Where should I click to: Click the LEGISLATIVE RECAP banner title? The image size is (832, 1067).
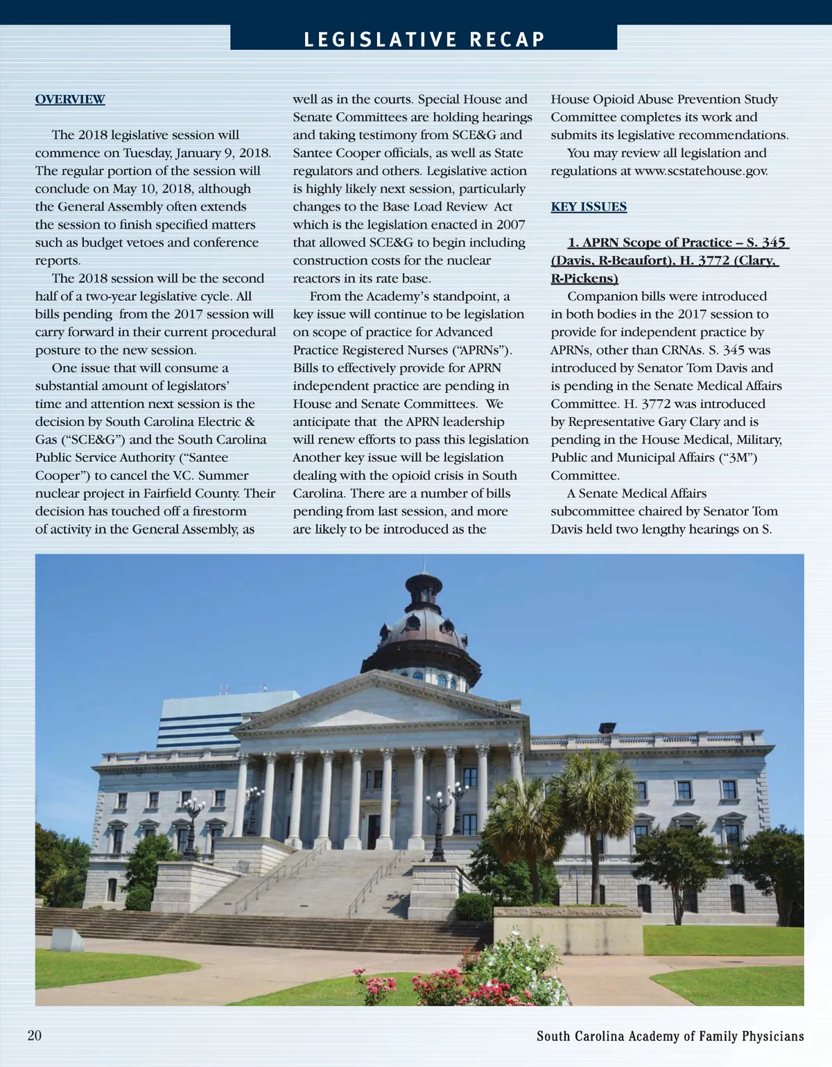(x=424, y=39)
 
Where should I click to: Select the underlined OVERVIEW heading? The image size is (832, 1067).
(x=70, y=99)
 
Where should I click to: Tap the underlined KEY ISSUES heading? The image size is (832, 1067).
(x=589, y=206)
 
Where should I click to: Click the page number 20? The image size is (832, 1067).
(x=35, y=1035)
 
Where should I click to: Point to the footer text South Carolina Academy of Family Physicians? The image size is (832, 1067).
(x=670, y=1036)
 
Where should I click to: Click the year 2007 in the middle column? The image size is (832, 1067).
(x=510, y=224)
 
